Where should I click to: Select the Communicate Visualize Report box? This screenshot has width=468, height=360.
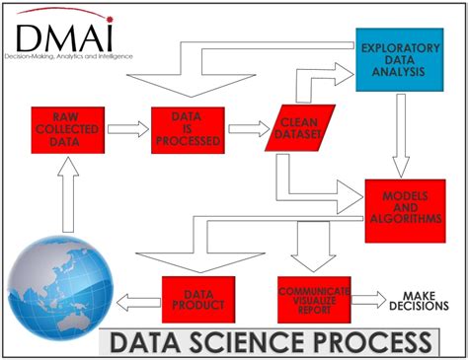pos(315,300)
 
